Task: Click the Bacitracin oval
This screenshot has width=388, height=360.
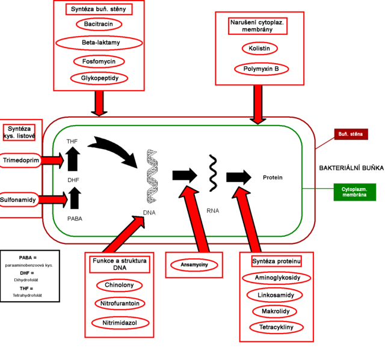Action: pos(99,24)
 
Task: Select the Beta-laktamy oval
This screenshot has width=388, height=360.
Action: pos(99,43)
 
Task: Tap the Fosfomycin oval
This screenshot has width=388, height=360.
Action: pos(99,61)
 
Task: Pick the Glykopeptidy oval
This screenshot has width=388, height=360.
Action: pos(99,78)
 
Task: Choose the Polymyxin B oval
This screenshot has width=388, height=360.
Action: pos(261,69)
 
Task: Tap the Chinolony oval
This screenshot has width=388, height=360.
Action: pos(119,285)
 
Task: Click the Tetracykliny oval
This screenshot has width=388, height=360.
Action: pos(276,328)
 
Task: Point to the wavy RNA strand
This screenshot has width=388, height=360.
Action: pos(212,172)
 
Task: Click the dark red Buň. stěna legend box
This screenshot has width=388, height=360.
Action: pos(351,134)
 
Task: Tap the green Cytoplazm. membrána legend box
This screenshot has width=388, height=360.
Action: pos(354,192)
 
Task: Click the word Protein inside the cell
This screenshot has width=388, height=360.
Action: pos(273,177)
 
